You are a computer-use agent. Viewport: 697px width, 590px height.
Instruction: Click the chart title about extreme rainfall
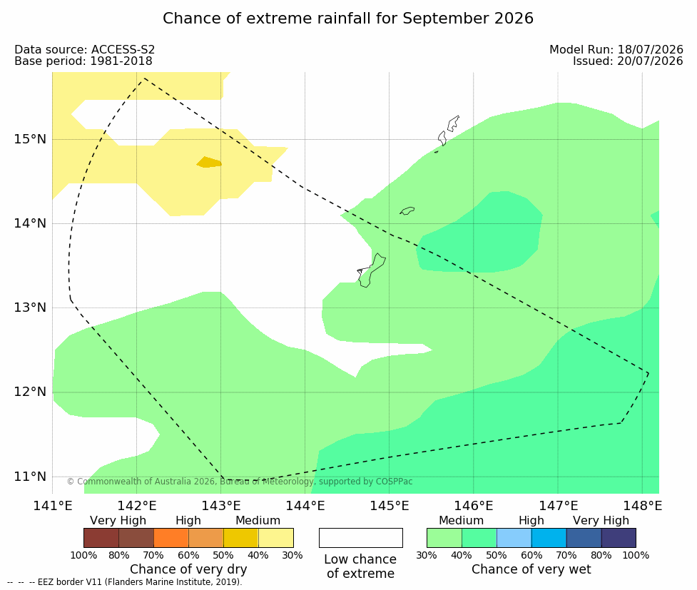click(347, 19)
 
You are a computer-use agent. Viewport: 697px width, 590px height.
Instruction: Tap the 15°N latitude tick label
click(30, 139)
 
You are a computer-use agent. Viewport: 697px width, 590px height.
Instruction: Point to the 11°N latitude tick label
click(30, 477)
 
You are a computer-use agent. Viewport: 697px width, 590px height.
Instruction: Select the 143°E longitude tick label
click(221, 506)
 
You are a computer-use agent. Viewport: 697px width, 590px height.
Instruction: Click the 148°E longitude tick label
click(642, 506)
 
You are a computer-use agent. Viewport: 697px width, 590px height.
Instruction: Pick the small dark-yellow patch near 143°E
click(209, 162)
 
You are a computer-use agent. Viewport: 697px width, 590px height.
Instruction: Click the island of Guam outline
click(371, 270)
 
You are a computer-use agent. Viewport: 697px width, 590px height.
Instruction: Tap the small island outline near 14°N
click(407, 210)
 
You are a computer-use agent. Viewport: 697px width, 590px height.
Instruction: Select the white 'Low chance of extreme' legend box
click(360, 538)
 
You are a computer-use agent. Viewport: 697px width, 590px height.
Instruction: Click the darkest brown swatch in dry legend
click(101, 538)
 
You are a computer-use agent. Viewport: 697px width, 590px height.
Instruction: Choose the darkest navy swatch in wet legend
click(619, 538)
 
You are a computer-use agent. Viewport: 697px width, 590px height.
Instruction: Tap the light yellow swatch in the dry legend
click(275, 538)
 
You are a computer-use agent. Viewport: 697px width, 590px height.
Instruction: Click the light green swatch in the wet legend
click(444, 538)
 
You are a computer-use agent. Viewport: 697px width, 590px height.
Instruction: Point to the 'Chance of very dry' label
click(188, 569)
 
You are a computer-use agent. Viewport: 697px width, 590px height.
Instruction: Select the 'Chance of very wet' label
click(531, 569)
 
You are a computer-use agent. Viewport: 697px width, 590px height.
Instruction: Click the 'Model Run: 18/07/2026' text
click(616, 50)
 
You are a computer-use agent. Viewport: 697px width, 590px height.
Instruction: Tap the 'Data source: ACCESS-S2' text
click(84, 50)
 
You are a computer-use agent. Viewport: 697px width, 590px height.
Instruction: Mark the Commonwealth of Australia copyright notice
click(240, 482)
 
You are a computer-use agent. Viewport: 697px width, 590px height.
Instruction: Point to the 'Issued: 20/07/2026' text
click(628, 61)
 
